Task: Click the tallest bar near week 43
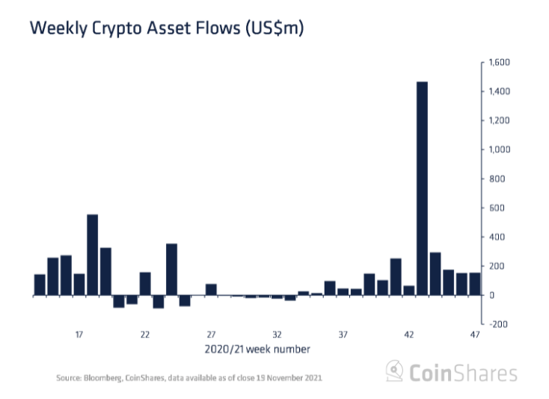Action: tap(422, 187)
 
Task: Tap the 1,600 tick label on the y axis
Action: tap(498, 63)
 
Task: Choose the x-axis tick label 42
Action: tap(409, 335)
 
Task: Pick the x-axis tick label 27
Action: tap(211, 335)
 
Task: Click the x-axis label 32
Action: tap(277, 335)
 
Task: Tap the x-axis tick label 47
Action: tap(475, 335)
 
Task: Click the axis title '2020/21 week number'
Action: tap(257, 349)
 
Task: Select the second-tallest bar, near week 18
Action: tap(93, 254)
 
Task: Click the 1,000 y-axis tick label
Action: tap(498, 150)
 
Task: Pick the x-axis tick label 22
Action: tap(145, 335)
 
